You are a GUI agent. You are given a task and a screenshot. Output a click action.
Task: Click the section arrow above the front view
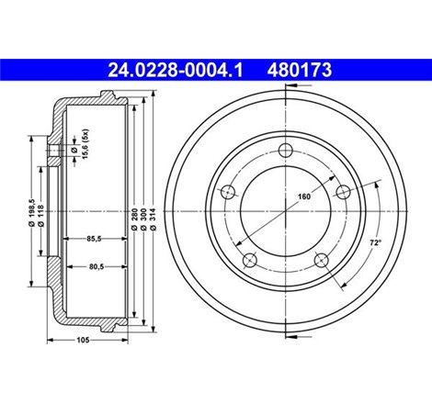tap(287, 87)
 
